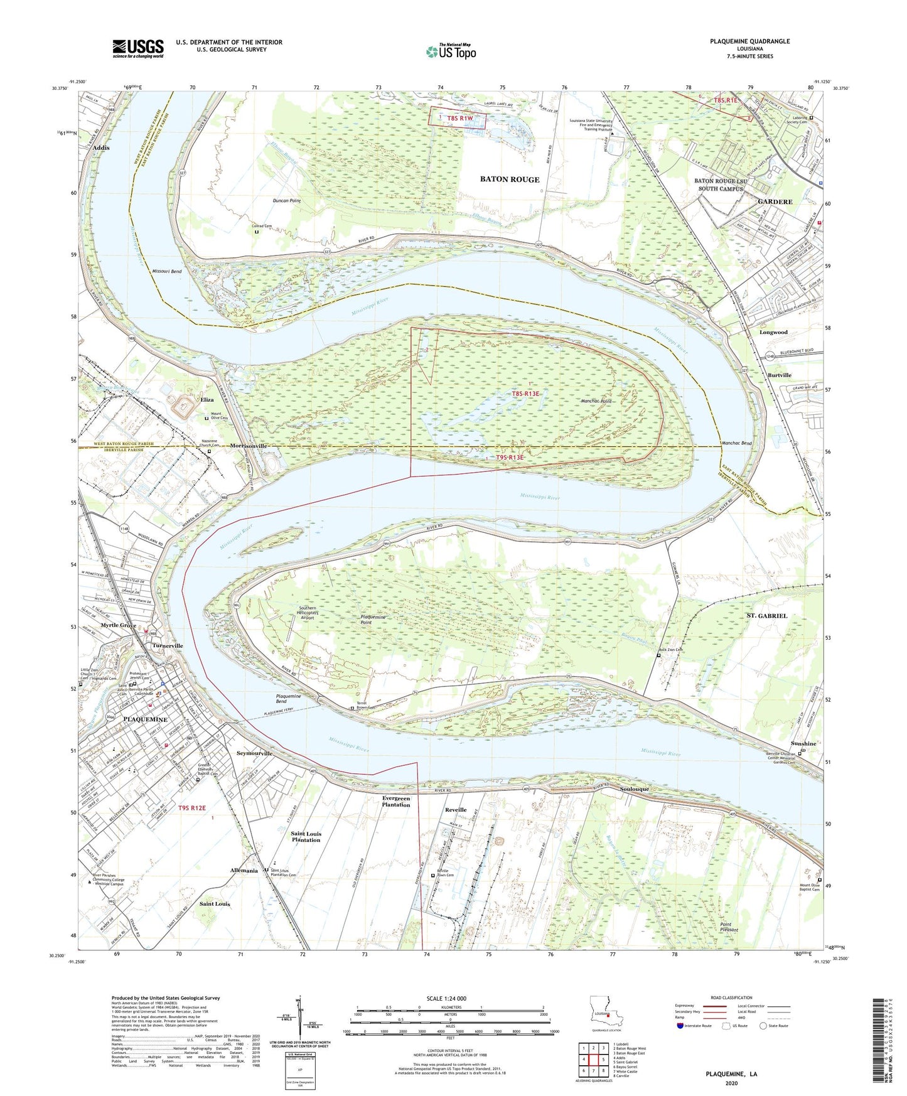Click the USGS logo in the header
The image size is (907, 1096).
138,48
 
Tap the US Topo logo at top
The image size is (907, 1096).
450,51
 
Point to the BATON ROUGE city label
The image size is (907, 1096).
509,180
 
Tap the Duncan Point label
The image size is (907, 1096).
287,201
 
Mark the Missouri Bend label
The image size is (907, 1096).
166,271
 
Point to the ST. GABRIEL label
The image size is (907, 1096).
766,616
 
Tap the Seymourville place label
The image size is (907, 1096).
254,753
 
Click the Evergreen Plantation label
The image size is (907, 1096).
395,801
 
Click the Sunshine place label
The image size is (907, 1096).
803,744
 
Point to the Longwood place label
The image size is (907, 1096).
773,332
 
